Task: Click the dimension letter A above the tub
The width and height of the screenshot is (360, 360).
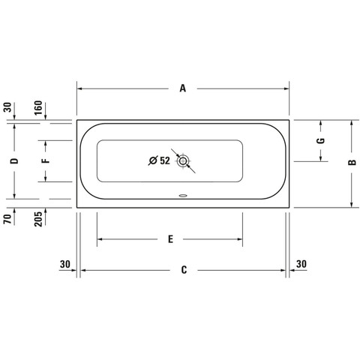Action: (183, 88)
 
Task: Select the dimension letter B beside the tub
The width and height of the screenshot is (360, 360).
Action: (352, 162)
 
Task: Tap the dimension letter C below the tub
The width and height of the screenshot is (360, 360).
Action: (184, 270)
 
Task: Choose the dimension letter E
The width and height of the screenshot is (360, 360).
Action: (170, 239)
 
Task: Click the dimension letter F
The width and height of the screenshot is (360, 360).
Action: (46, 160)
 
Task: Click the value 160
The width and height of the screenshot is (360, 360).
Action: (38, 108)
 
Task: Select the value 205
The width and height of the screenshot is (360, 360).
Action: (38, 219)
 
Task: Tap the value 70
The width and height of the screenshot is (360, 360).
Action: (7, 219)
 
